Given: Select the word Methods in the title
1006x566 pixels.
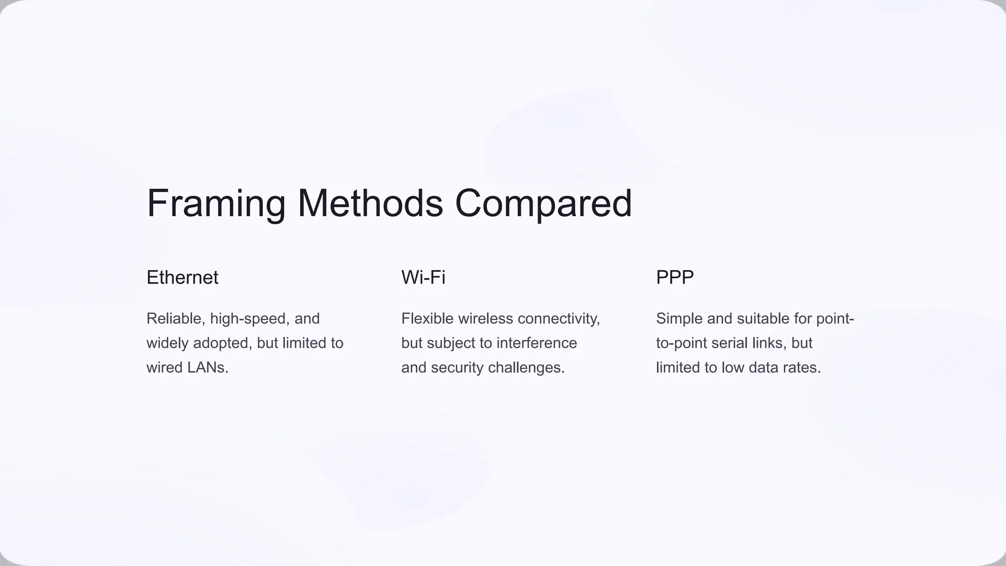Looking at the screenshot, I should (x=370, y=203).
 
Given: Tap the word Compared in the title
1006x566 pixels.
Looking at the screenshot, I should (x=543, y=203).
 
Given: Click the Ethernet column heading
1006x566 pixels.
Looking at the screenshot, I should (x=182, y=278).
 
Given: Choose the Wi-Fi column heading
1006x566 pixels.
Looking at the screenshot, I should (x=423, y=278).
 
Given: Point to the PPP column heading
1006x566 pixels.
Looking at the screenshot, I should (x=674, y=278).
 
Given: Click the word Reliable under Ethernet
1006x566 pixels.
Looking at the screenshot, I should (x=176, y=319).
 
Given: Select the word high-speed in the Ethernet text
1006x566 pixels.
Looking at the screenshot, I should (x=250, y=319).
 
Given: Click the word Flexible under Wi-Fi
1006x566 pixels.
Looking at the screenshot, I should (x=427, y=319).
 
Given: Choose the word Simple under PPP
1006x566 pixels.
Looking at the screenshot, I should (x=679, y=319).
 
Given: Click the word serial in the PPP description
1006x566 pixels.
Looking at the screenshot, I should (x=727, y=343).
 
